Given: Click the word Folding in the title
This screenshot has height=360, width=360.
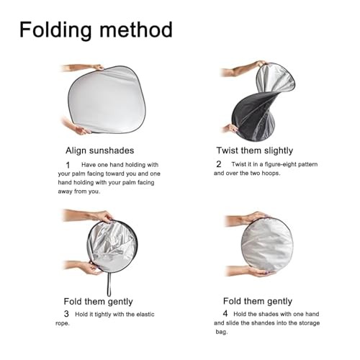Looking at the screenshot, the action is (55, 30).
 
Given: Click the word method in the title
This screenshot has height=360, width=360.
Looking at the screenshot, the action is (136, 30).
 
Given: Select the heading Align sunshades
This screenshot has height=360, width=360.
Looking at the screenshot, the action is (100, 150).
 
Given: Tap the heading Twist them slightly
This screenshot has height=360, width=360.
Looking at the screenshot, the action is (255, 150).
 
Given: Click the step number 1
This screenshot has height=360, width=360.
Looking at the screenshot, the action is (68, 165).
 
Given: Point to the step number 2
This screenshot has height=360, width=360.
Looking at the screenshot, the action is (219, 164).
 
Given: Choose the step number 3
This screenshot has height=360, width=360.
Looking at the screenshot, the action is (66, 314).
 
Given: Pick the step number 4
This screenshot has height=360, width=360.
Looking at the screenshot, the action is (225, 313).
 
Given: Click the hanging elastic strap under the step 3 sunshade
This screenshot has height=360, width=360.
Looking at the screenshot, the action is (109, 284).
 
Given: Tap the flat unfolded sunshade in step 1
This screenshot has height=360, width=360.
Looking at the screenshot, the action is (107, 99).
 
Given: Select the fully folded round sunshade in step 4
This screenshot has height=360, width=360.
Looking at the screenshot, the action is (267, 245).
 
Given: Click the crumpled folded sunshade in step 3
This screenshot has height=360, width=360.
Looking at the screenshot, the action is (112, 246).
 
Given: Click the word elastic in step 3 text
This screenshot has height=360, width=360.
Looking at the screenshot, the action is (145, 314).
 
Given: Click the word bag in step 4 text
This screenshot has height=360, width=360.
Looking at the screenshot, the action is (221, 332).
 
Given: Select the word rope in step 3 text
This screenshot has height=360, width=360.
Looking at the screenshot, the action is (63, 323).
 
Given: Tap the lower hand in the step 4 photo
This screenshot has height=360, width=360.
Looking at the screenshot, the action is (250, 271).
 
